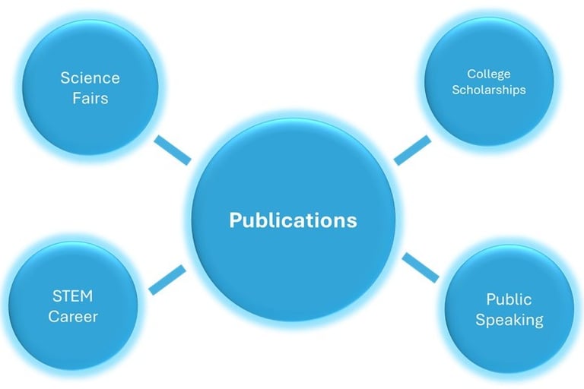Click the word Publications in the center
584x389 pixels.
coord(293,220)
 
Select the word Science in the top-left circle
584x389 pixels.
coord(90,78)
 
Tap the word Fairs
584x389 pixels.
coord(90,98)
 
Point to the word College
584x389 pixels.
coord(489,74)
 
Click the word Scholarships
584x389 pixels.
coord(489,90)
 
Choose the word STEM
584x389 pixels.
coord(73,296)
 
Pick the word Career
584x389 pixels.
coord(73,315)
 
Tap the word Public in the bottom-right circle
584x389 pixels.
coord(509,299)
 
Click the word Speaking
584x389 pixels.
coord(509,319)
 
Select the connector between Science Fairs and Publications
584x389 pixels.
coord(173,150)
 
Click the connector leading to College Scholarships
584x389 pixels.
coord(411,150)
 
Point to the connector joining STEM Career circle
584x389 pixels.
coord(167,280)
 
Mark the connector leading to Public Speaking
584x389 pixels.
coord(421,267)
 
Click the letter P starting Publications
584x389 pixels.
coord(235,220)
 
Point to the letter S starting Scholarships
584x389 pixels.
coord(456,90)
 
